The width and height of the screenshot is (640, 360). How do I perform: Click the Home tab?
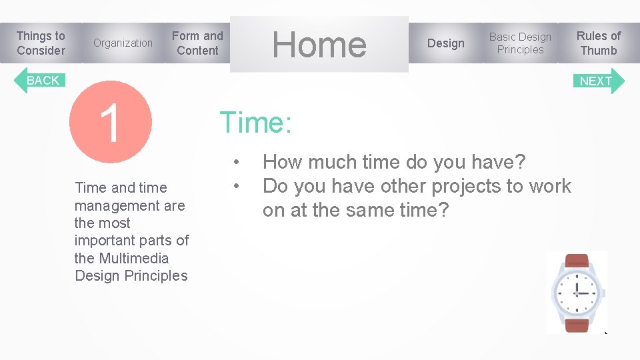click(319, 44)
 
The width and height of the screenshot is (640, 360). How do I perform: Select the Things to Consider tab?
click(41, 43)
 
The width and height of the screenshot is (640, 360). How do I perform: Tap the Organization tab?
click(123, 43)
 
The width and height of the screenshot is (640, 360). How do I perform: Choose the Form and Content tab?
click(197, 43)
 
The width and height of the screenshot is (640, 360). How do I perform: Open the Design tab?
click(445, 43)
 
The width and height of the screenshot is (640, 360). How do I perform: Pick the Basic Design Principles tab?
click(520, 43)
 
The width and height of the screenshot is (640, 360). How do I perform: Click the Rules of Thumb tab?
click(598, 43)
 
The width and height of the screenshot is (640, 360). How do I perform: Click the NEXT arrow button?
click(599, 81)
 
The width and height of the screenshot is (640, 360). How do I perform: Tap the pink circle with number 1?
click(111, 122)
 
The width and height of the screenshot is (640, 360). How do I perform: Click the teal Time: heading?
click(255, 123)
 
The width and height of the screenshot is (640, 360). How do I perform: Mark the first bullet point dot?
click(236, 162)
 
